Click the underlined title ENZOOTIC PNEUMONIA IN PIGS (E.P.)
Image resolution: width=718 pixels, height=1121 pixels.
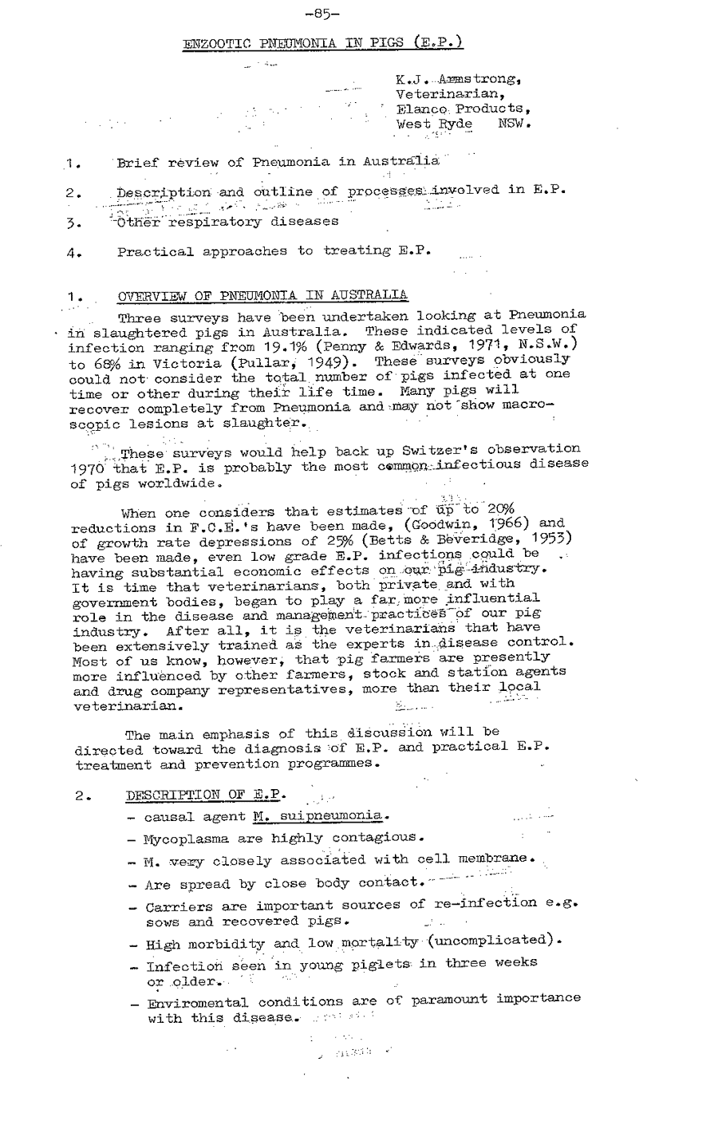click(323, 42)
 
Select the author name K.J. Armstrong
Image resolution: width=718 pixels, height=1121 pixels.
click(458, 80)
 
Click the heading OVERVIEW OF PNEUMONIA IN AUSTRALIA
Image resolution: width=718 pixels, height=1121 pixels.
click(262, 296)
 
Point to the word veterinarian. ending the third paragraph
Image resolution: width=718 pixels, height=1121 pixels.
click(128, 706)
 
